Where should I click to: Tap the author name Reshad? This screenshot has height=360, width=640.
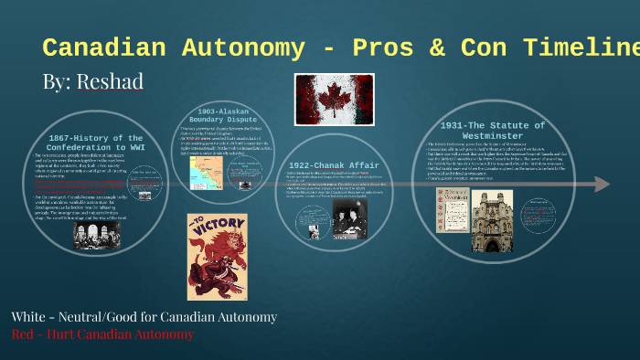tap(110, 81)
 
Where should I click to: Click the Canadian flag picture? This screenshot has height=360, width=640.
tap(321, 98)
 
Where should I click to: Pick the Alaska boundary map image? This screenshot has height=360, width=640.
tap(208, 174)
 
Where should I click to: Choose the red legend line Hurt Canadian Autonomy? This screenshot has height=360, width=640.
tap(102, 334)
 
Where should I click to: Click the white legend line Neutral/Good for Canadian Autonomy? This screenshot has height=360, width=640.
tap(144, 316)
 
